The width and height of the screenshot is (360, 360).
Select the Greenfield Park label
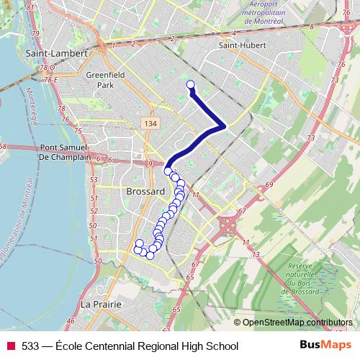[106, 79]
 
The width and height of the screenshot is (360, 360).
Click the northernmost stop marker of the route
[191, 86]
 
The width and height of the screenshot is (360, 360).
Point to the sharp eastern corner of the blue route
[225, 127]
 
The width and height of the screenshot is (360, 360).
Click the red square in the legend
[10, 346]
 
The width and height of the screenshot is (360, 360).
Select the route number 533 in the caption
[30, 346]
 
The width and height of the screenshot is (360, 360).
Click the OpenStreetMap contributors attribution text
[297, 322]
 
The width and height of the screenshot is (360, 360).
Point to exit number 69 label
[269, 186]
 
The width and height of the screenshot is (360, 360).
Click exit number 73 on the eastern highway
[312, 138]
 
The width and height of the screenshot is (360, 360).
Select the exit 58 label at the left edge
[4, 146]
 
